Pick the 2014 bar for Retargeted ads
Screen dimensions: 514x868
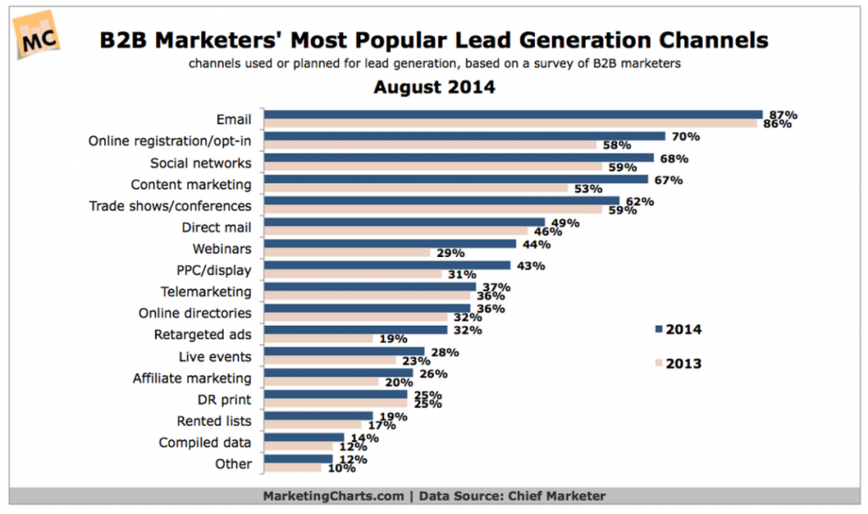pos(357,330)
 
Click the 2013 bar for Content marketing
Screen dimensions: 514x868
pos(416,188)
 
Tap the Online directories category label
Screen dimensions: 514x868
pos(195,313)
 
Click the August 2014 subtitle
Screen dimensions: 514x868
pos(433,87)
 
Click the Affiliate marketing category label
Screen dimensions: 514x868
pos(192,378)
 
